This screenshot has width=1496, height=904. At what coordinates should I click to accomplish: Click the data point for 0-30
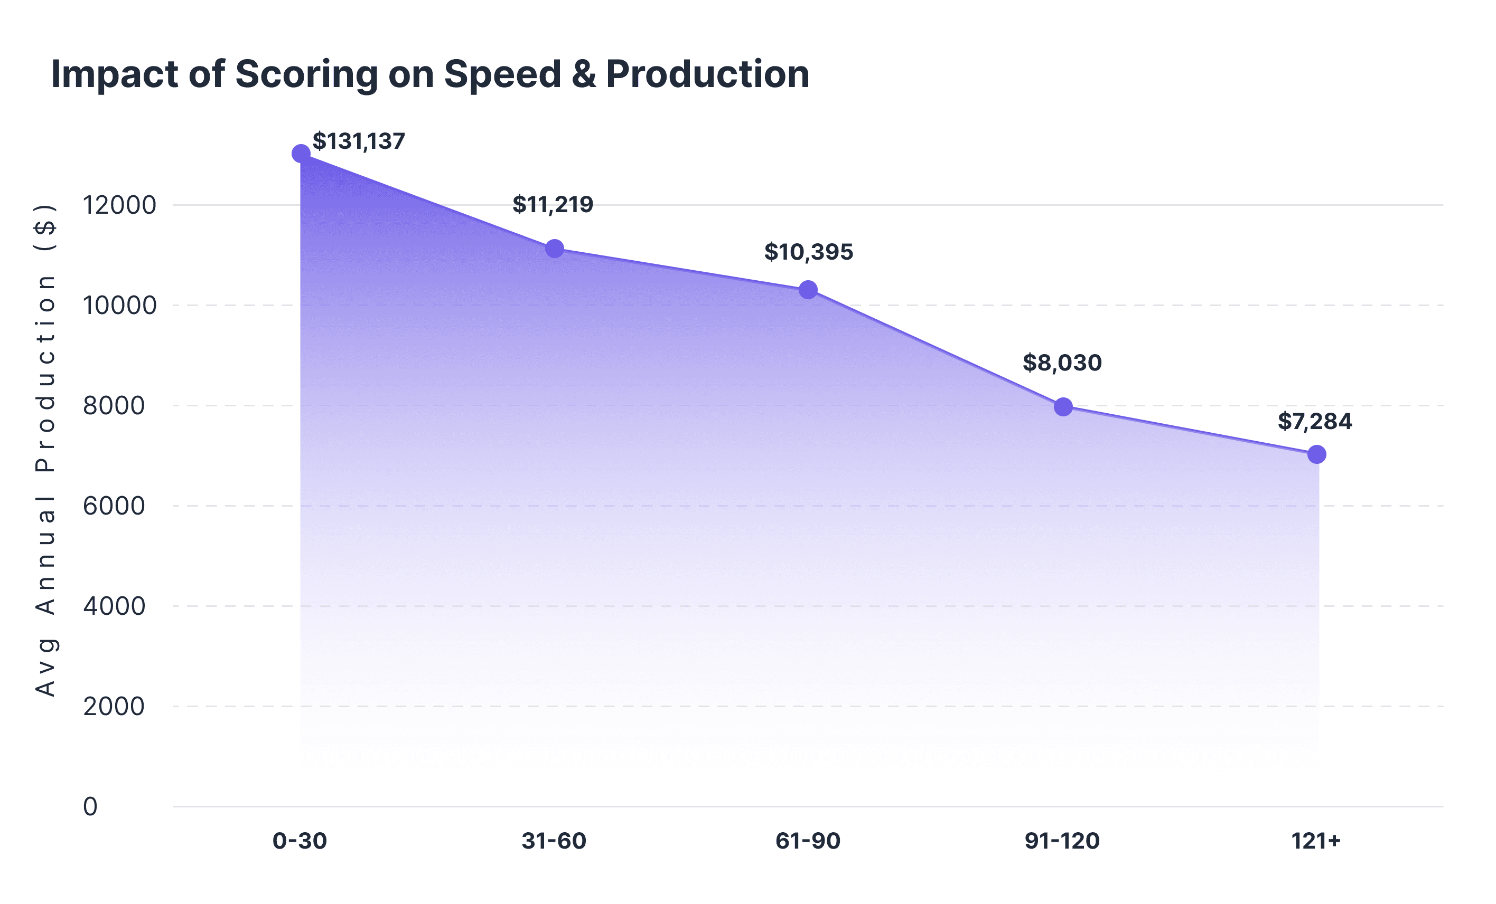pyautogui.click(x=301, y=154)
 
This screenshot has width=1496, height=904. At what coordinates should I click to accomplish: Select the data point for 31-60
pyautogui.click(x=554, y=248)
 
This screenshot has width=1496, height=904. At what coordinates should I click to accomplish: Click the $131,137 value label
pyautogui.click(x=358, y=141)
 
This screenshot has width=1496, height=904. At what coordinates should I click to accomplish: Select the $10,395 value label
pyautogui.click(x=808, y=252)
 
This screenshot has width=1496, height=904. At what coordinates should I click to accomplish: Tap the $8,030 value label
pyautogui.click(x=1062, y=363)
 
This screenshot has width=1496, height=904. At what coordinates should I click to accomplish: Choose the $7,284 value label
pyautogui.click(x=1315, y=421)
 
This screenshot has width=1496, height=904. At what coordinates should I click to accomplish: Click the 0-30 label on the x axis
pyautogui.click(x=300, y=841)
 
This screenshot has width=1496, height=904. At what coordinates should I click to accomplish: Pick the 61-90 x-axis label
pyautogui.click(x=808, y=841)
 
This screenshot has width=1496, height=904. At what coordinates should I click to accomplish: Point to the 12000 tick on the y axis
pyautogui.click(x=119, y=205)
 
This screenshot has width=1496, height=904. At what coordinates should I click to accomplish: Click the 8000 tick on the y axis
pyautogui.click(x=114, y=405)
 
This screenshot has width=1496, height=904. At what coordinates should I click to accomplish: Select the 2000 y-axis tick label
pyautogui.click(x=114, y=706)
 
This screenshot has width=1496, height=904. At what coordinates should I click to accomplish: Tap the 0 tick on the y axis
pyautogui.click(x=90, y=807)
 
